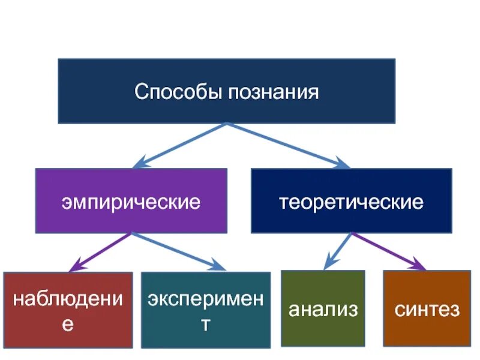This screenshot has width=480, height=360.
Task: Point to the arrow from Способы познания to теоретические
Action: pos(288,144)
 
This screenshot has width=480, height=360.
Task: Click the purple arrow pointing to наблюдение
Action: pos(99,252)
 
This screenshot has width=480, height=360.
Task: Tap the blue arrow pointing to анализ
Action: pos(337,251)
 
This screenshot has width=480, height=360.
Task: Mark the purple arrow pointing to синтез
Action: pos(390,251)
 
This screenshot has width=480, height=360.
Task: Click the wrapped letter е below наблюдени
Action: pos(68,325)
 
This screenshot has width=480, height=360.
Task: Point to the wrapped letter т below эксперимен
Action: pos(205,325)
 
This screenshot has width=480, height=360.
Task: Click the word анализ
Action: pos(323,310)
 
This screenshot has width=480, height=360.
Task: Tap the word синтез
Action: pos(427,310)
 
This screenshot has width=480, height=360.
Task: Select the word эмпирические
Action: pos(131,202)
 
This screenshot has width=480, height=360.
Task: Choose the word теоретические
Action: pos(351,202)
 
